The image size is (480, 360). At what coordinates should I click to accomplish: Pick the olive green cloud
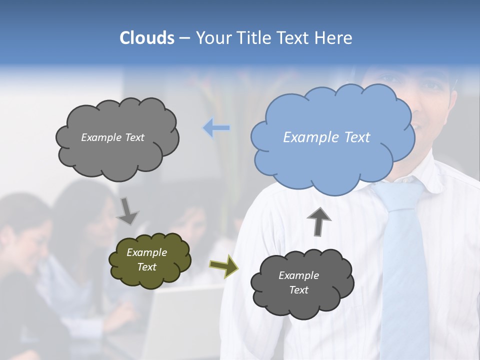[149, 260]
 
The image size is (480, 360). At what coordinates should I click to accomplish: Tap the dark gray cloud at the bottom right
[302, 283]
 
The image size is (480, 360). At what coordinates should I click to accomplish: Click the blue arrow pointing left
[216, 128]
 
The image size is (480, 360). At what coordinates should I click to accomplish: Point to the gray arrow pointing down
[127, 211]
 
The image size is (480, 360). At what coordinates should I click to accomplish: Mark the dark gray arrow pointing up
[318, 221]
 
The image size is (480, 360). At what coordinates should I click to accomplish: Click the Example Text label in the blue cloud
[326, 137]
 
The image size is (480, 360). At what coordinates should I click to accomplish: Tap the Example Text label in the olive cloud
[146, 259]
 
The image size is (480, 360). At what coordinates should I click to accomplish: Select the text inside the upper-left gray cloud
[112, 137]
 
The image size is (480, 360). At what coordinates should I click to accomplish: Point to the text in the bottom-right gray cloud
[298, 282]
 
